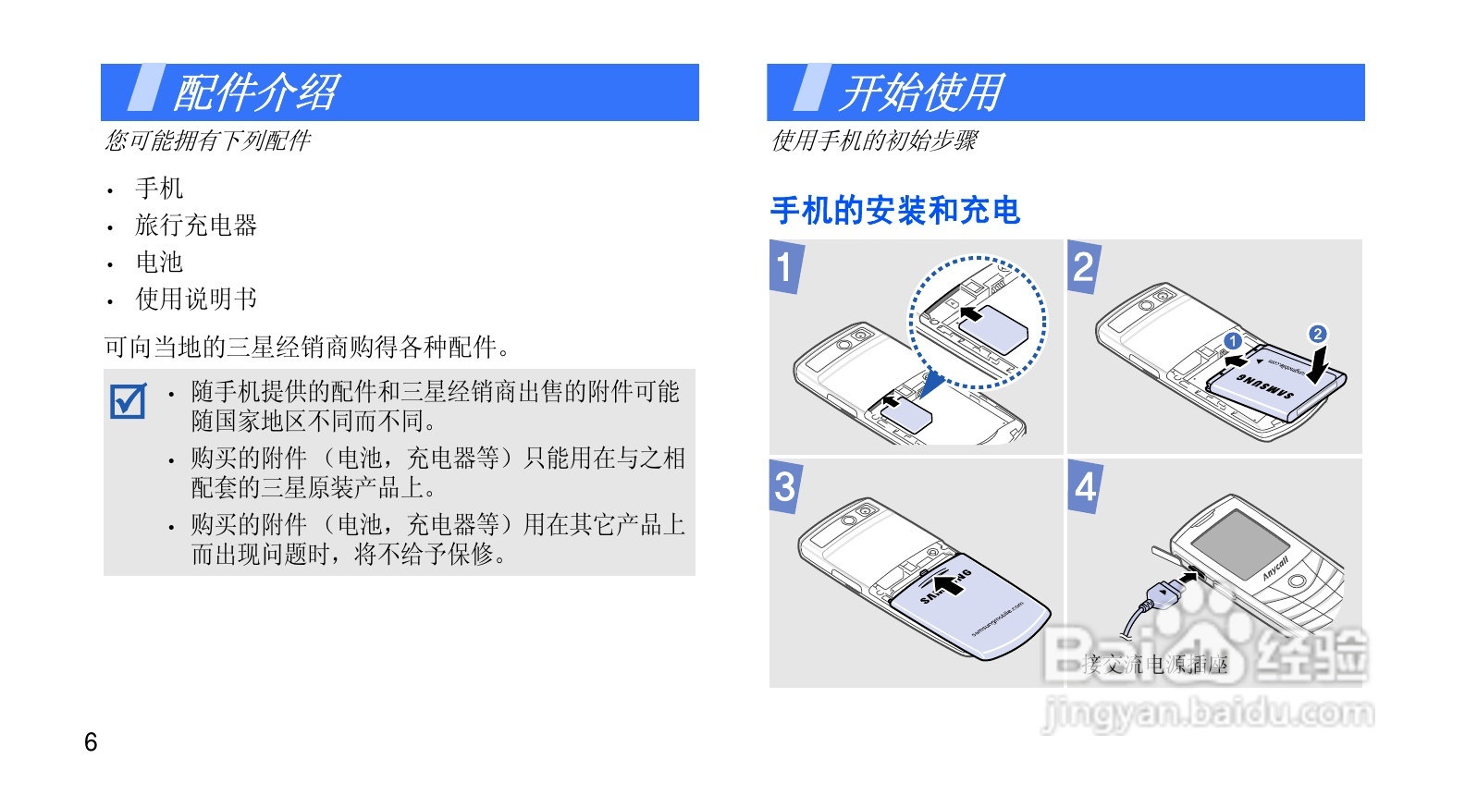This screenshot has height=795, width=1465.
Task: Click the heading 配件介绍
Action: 256,92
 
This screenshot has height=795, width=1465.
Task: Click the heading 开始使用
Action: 922,92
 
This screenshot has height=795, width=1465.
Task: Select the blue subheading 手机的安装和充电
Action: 894,211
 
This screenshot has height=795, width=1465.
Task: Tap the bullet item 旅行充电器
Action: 196,226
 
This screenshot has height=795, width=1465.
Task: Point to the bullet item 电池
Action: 159,263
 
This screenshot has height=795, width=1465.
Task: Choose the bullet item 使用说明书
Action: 196,300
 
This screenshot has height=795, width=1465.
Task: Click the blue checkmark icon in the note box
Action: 128,401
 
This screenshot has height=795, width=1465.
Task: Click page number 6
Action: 91,741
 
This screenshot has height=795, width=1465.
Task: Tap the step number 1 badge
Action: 785,267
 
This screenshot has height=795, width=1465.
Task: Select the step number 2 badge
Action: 1083,267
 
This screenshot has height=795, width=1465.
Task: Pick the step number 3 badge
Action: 785,486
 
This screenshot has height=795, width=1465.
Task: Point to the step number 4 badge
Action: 1085,486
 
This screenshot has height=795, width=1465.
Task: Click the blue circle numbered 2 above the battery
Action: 1318,334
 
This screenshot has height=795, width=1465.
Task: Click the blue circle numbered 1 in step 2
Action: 1232,341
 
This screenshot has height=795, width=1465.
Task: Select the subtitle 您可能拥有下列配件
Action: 208,141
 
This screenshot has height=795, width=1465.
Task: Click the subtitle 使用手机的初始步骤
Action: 874,141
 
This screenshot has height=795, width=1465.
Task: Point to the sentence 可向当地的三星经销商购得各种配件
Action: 306,348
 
